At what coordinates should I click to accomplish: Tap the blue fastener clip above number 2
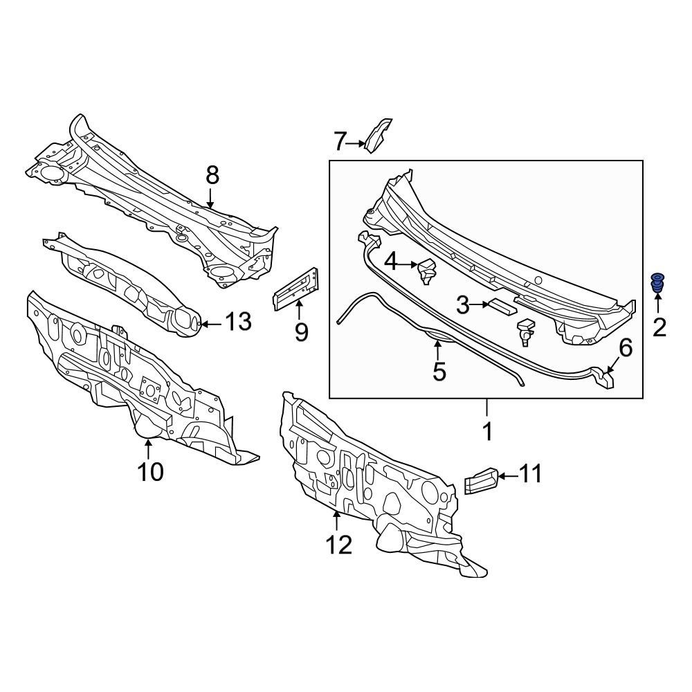656,284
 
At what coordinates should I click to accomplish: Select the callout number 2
659,327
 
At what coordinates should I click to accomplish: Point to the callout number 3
462,304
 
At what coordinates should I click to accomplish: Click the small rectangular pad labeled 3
500,307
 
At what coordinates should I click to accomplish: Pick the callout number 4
392,262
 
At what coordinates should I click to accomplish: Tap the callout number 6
625,348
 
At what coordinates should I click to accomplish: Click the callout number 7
339,142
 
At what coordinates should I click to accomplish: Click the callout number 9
300,332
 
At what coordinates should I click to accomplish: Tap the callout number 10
151,472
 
